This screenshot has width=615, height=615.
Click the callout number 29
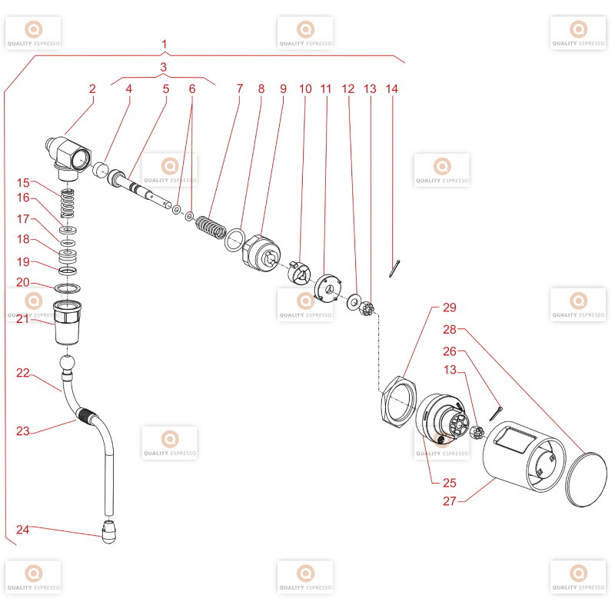450,307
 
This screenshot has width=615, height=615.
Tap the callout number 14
392,89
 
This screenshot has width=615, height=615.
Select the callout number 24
23,530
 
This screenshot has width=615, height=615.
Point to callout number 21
23,319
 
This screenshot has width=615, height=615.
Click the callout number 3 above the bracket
164,67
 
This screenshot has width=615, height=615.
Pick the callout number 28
450,330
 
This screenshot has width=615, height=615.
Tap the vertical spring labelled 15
68,204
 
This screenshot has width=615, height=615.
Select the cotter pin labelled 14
394,268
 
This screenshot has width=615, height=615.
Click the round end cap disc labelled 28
586,480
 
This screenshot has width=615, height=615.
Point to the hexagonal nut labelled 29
399,401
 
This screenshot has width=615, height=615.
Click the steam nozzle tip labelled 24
109,531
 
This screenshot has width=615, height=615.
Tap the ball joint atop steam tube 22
67,362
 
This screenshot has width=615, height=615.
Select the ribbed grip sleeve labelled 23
87,414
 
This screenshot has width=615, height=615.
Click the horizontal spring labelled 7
211,228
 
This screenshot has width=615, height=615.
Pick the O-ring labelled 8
235,240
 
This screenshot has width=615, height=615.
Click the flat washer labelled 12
354,301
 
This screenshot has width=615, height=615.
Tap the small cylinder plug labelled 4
101,169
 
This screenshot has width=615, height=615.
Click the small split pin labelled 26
496,414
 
